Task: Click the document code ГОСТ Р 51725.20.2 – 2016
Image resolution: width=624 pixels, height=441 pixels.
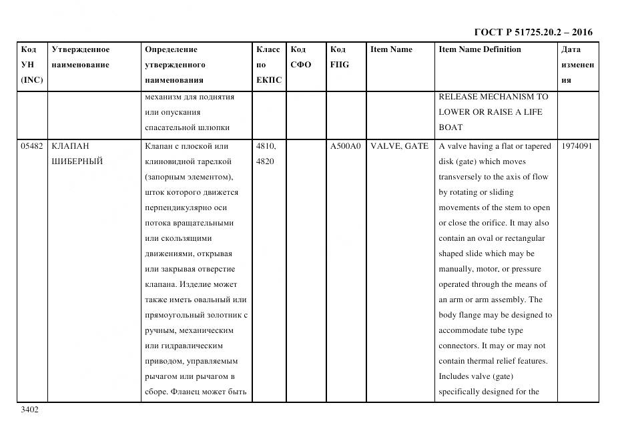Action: pyautogui.click(x=533, y=32)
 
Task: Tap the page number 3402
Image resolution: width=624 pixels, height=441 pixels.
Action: pyautogui.click(x=30, y=410)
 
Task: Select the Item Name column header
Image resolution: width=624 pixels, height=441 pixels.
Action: pyautogui.click(x=391, y=49)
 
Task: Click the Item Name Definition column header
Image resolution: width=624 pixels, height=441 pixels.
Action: pyautogui.click(x=479, y=49)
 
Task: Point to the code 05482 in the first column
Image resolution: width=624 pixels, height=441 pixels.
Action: pyautogui.click(x=32, y=146)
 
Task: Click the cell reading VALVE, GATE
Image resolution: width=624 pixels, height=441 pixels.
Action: pyautogui.click(x=399, y=146)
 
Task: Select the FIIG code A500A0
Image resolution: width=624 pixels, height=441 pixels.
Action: pyautogui.click(x=345, y=146)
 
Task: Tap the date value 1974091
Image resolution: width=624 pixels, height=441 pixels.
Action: pyautogui.click(x=577, y=146)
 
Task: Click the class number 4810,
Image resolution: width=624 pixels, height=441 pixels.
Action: pyautogui.click(x=267, y=146)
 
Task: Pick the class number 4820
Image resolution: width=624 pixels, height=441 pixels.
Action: pyautogui.click(x=266, y=161)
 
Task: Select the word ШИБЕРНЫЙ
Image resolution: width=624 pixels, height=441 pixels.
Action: pyautogui.click(x=77, y=161)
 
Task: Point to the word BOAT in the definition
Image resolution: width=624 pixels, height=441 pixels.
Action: pyautogui.click(x=450, y=127)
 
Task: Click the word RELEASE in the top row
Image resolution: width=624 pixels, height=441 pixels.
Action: pyautogui.click(x=458, y=97)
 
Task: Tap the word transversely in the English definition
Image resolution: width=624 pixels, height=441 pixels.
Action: pyautogui.click(x=462, y=177)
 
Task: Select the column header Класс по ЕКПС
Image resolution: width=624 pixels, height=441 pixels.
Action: pyautogui.click(x=269, y=65)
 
